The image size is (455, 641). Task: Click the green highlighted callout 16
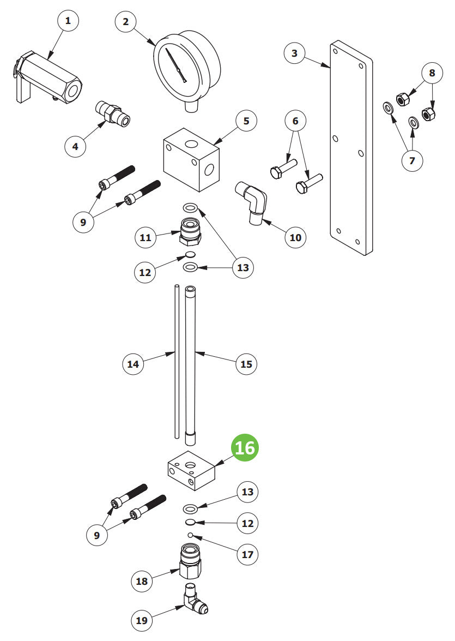[x=245, y=447]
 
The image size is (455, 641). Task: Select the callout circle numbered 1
[x=68, y=21]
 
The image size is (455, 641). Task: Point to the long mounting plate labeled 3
[x=351, y=147]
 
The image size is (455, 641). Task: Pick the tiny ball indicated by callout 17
[x=190, y=535]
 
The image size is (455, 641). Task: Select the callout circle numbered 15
[x=246, y=364]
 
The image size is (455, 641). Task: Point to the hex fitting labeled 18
[x=189, y=562]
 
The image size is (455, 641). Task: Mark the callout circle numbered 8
[x=432, y=73]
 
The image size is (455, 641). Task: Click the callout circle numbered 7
[x=412, y=161]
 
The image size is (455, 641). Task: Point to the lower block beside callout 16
[x=190, y=469]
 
